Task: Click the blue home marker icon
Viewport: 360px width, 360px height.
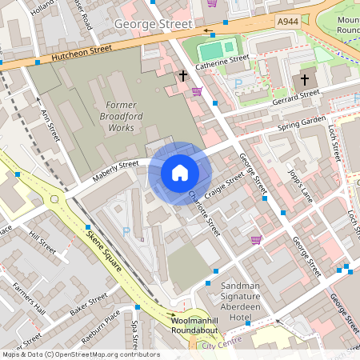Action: point(180,173)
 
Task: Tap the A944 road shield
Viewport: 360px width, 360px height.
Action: point(286,21)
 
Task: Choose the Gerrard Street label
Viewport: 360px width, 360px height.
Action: point(296,96)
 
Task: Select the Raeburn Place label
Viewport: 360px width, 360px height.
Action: point(102,327)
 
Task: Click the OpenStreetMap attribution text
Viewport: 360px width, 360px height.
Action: point(80,354)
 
